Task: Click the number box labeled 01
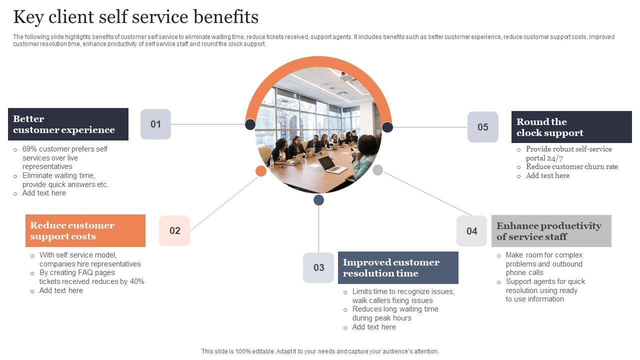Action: coord(155,124)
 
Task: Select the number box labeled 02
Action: coord(174,230)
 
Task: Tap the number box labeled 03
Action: coord(318,267)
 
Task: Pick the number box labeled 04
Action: coord(471,231)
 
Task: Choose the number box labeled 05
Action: coord(482,127)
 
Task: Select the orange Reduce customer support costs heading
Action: coord(85,230)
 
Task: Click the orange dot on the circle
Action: coord(261,171)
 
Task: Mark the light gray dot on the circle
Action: coord(378,170)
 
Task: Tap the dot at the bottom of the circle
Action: coord(318,200)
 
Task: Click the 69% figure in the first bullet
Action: coord(29,149)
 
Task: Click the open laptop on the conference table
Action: coord(332,164)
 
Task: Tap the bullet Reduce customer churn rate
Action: coord(571,166)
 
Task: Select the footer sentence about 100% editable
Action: coord(320,351)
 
